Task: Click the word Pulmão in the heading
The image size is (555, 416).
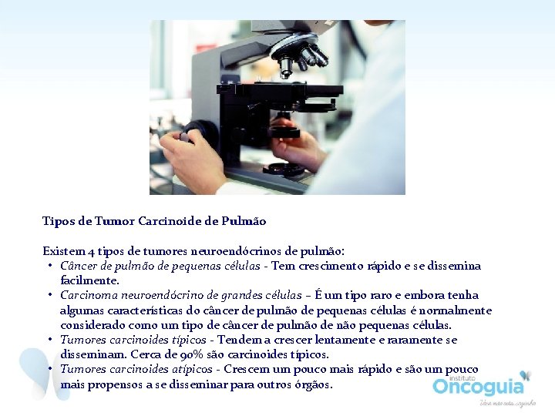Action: click(x=244, y=222)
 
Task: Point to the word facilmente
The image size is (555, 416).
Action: click(x=89, y=280)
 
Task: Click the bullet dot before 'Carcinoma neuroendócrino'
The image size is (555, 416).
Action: click(x=49, y=295)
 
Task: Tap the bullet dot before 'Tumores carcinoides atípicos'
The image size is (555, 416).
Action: click(x=49, y=369)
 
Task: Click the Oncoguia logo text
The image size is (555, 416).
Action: click(x=478, y=385)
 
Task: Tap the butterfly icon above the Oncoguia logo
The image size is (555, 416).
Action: click(x=526, y=376)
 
